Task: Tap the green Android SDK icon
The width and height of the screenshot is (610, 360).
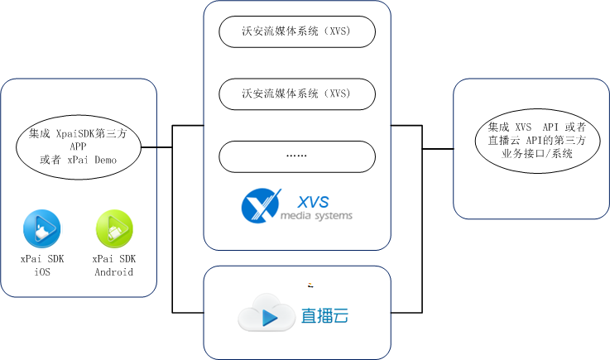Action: [x=113, y=228]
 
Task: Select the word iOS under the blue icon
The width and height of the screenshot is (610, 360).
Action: [x=41, y=272]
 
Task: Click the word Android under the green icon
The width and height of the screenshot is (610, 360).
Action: [x=113, y=272]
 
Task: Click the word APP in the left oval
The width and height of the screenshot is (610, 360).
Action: [x=79, y=146]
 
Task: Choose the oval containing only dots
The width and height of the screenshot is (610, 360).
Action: [x=296, y=156]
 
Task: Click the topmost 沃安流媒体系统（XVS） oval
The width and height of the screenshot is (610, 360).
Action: [x=296, y=32]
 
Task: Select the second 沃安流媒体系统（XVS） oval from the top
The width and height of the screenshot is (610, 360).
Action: [x=296, y=94]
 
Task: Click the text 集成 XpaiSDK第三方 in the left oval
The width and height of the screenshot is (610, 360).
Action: [x=79, y=132]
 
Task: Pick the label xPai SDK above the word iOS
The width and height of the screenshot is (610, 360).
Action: [x=41, y=259]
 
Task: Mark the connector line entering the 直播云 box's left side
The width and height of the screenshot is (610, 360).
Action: [x=188, y=312]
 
